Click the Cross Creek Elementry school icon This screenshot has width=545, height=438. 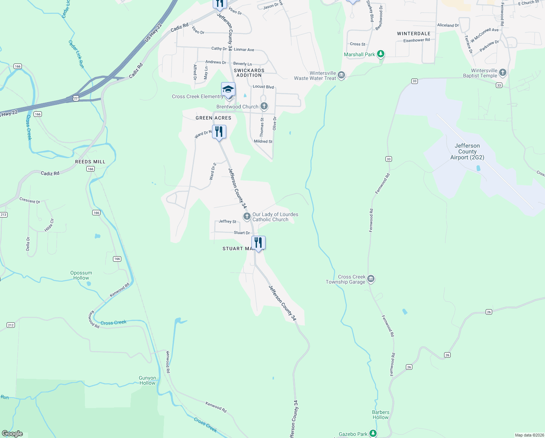[x=228, y=89]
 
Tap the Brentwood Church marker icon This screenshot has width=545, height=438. [x=264, y=107]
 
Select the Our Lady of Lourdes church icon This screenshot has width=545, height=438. [x=247, y=216]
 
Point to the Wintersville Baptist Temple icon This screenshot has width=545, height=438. [x=503, y=73]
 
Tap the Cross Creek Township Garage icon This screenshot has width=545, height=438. [x=371, y=279]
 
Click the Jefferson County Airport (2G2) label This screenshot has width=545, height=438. [x=467, y=151]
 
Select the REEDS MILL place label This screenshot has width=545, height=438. [x=90, y=162]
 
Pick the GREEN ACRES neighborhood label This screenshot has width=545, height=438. [x=213, y=118]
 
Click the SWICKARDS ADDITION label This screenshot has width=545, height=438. [x=249, y=73]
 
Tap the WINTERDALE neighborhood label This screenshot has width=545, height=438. [x=413, y=34]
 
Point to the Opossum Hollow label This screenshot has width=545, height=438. [x=81, y=275]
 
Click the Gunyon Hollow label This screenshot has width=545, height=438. [x=147, y=380]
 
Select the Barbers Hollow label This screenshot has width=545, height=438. [x=381, y=415]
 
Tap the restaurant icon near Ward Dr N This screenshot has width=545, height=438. [x=219, y=131]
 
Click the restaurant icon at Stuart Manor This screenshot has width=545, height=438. [x=258, y=242]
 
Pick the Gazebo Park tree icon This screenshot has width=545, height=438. [x=373, y=434]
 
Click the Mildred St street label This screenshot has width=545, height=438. [x=263, y=141]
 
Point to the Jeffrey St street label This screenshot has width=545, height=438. [x=227, y=222]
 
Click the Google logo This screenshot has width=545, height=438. [x=12, y=434]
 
